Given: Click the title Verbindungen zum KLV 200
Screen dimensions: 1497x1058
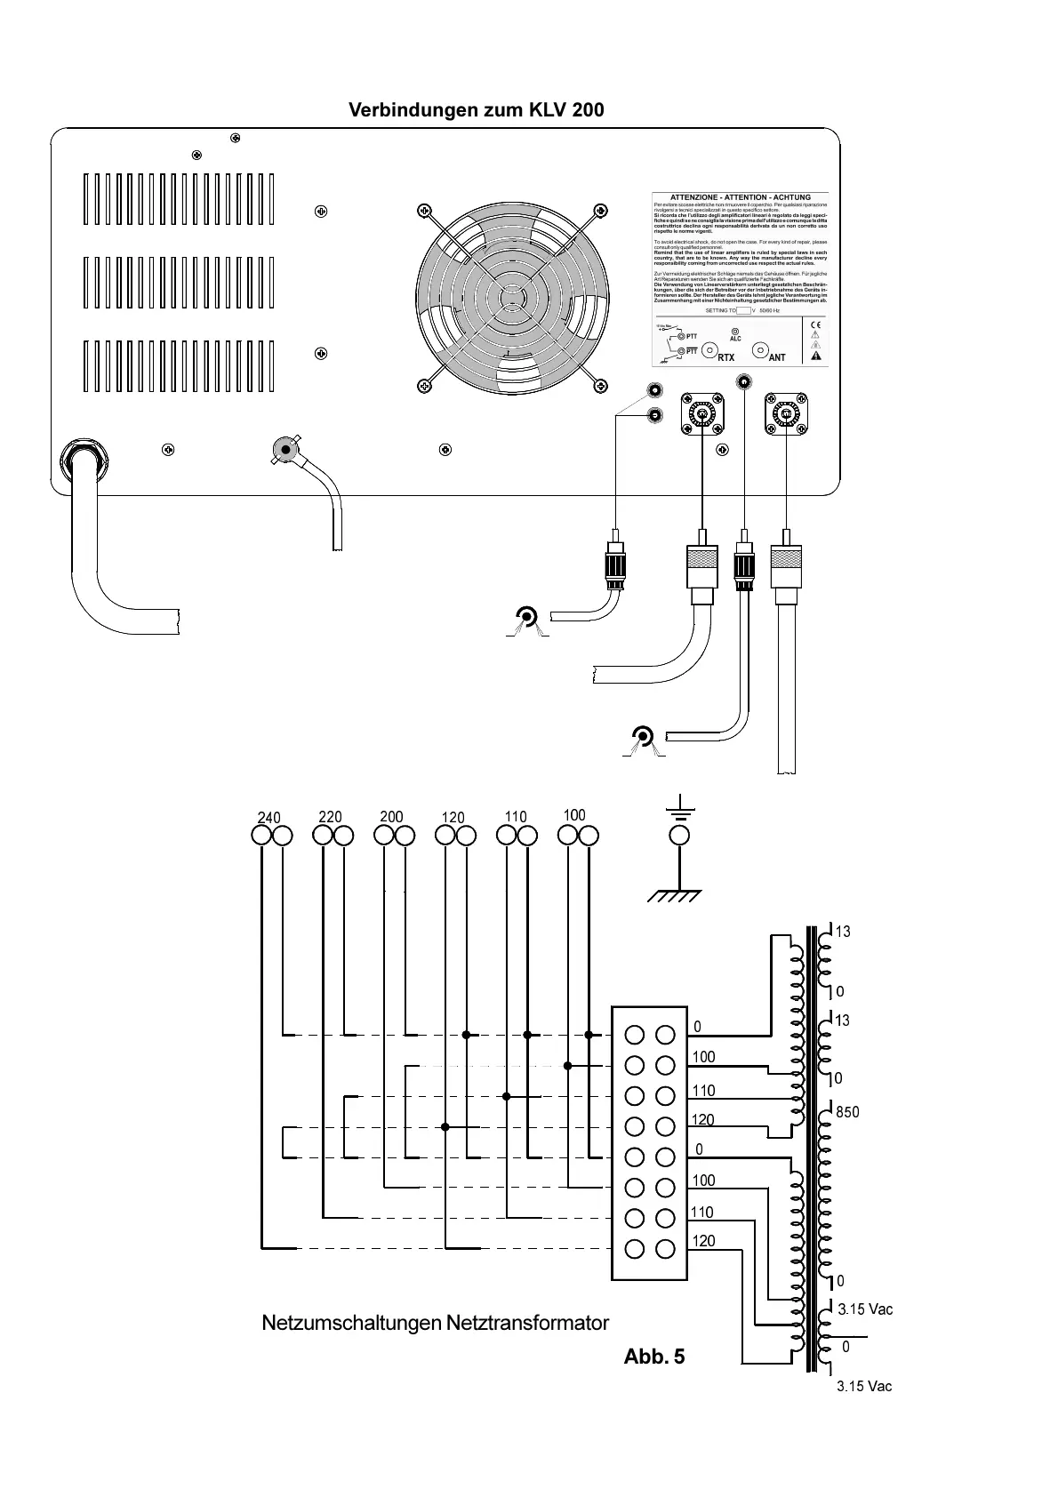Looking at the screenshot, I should [x=476, y=110].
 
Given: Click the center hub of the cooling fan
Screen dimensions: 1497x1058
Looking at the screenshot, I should [x=511, y=297].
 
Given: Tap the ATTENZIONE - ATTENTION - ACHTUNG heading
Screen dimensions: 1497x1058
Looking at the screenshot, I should [x=740, y=197].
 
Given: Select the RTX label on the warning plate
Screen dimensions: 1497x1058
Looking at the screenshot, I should [x=726, y=357].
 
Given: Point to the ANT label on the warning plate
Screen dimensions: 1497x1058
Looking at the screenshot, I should [x=777, y=357].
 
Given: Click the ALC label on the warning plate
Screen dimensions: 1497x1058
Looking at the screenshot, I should [x=735, y=339].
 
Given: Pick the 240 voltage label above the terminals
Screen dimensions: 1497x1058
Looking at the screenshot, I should [x=269, y=817].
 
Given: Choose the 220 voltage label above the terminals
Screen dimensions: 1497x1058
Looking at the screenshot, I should [x=330, y=816].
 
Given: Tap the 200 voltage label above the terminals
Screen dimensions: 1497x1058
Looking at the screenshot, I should [x=391, y=816].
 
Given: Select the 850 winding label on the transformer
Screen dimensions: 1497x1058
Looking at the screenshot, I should [x=847, y=1112].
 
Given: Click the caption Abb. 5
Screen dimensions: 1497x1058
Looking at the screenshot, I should [x=654, y=1357].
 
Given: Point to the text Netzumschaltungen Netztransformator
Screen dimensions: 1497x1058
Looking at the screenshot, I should [x=435, y=1323].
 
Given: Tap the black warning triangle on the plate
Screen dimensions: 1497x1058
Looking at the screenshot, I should [x=815, y=356].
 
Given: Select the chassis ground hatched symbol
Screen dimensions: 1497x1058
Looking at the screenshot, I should [x=674, y=896].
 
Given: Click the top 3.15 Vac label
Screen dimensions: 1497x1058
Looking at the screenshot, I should [x=865, y=1309].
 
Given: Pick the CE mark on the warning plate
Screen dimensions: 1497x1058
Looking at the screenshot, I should [x=815, y=324].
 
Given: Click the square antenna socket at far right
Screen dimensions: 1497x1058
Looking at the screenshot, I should [x=787, y=414].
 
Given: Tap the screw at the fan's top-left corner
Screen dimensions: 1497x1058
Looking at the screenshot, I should [x=424, y=212].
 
